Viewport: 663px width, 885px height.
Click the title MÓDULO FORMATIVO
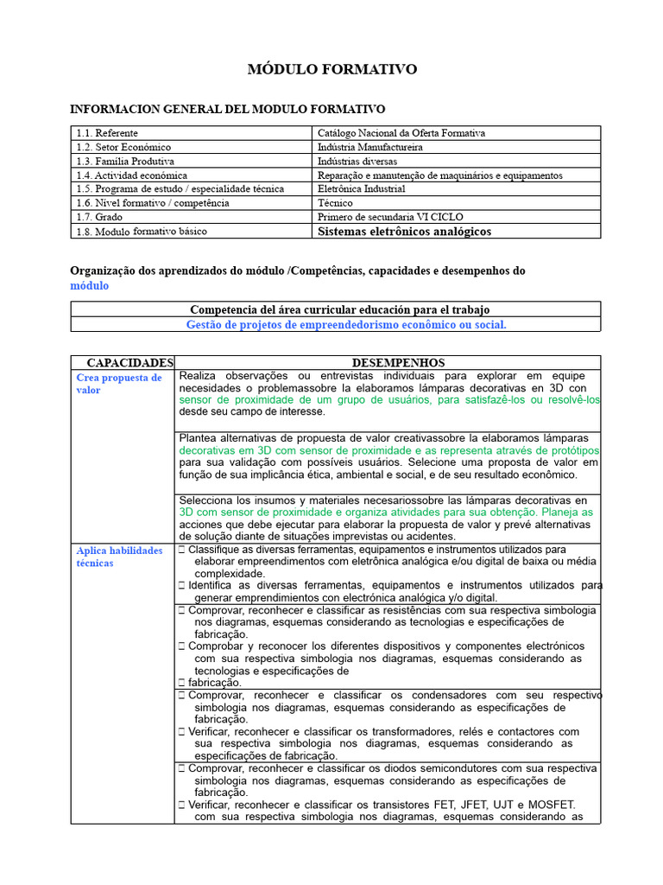click(x=332, y=69)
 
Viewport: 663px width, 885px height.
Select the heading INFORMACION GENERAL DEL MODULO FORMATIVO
click(x=227, y=109)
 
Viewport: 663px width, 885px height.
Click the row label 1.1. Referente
click(x=106, y=133)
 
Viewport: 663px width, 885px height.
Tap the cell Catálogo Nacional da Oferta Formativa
click(x=401, y=133)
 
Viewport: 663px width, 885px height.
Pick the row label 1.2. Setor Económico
click(x=123, y=147)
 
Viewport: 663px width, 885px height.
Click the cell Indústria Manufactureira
click(x=370, y=147)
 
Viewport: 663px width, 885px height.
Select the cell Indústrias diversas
click(x=357, y=161)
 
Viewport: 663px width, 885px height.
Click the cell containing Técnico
click(x=335, y=202)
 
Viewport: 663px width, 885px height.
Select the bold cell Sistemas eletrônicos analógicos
click(x=404, y=232)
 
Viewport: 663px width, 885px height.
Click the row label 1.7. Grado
click(x=98, y=217)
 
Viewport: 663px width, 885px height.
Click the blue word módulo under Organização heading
click(x=90, y=285)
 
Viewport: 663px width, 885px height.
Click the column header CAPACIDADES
click(x=123, y=363)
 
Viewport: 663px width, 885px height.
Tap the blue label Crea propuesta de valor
click(x=119, y=384)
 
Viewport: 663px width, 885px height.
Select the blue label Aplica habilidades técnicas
click(x=119, y=557)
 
